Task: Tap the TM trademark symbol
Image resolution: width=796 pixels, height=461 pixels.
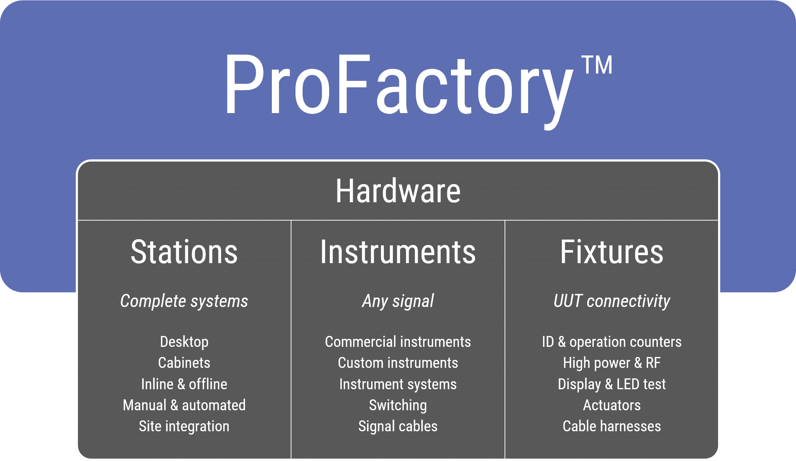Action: point(597,65)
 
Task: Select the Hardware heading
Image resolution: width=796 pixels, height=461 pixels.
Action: point(398,191)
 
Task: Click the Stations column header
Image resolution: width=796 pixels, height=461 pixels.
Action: point(184,252)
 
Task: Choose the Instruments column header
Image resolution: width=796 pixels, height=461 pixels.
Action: point(398,252)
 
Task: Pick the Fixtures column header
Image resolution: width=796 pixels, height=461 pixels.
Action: point(612,252)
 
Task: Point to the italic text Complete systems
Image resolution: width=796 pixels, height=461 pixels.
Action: point(184,301)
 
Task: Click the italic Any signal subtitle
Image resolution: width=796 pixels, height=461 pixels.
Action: point(398,301)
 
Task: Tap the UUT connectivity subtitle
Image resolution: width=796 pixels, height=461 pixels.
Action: point(612,301)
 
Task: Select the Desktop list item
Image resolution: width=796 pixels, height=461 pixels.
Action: point(184,342)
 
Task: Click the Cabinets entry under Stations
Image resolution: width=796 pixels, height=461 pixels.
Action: point(184,363)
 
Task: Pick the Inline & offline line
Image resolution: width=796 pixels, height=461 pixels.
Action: point(184,384)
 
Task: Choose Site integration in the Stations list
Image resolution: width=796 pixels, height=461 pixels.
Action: point(184,426)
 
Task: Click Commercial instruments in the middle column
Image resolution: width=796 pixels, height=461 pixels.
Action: point(398,342)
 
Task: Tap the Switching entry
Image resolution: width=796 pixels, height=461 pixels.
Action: point(398,405)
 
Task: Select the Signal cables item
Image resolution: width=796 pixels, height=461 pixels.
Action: point(398,426)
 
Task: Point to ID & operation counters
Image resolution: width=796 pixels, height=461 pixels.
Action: point(612,342)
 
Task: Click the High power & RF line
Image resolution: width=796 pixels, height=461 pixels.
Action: point(612,363)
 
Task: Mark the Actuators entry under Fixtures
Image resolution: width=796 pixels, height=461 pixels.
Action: point(612,405)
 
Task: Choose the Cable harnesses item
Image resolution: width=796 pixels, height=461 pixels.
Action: point(612,426)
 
